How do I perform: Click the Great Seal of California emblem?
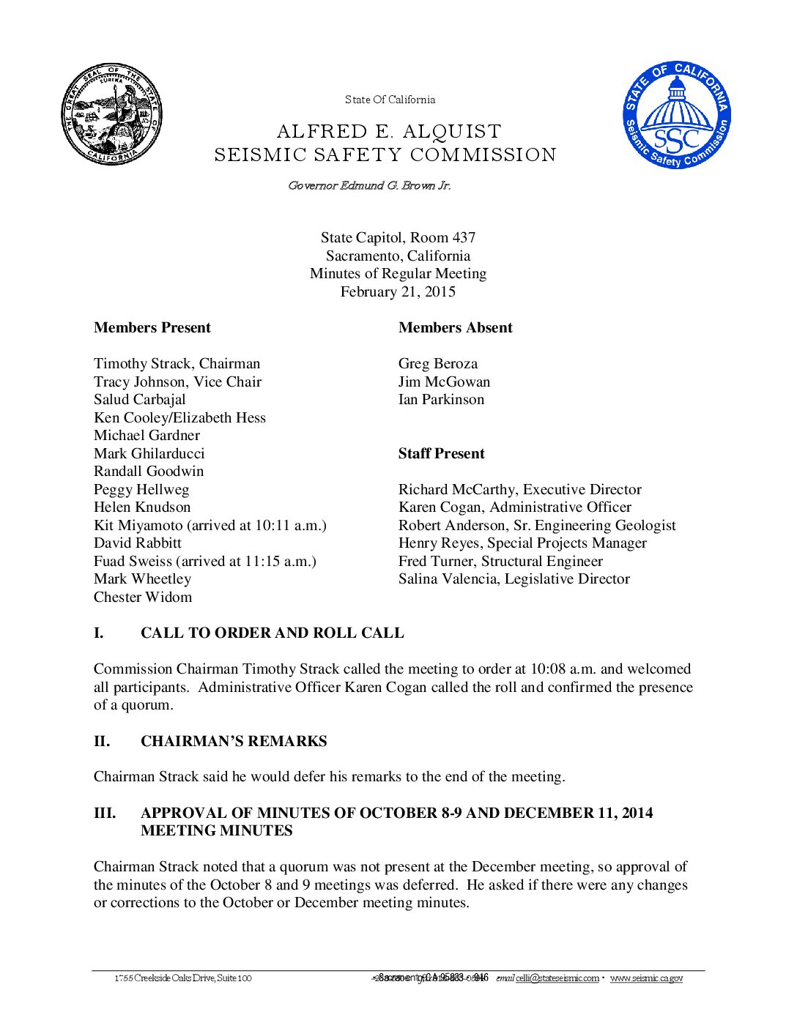click(111, 114)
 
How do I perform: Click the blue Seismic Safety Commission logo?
click(677, 114)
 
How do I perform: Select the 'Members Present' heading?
click(152, 327)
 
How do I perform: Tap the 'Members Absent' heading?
click(455, 327)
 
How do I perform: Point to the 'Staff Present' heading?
click(441, 453)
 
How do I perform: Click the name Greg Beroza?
click(437, 363)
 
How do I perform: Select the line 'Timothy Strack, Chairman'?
click(177, 363)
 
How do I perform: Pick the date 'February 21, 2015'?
click(398, 291)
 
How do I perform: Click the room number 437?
click(463, 237)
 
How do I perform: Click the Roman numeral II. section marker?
click(102, 741)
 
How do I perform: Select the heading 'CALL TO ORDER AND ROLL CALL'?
click(272, 633)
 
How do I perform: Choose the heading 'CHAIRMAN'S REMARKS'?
click(234, 741)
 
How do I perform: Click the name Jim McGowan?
click(444, 381)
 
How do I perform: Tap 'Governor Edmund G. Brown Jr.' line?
click(369, 185)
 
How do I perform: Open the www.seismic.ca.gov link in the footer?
click(646, 978)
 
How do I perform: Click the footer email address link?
click(557, 978)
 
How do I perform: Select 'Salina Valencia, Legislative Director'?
click(514, 578)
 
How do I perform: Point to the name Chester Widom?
click(143, 597)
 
